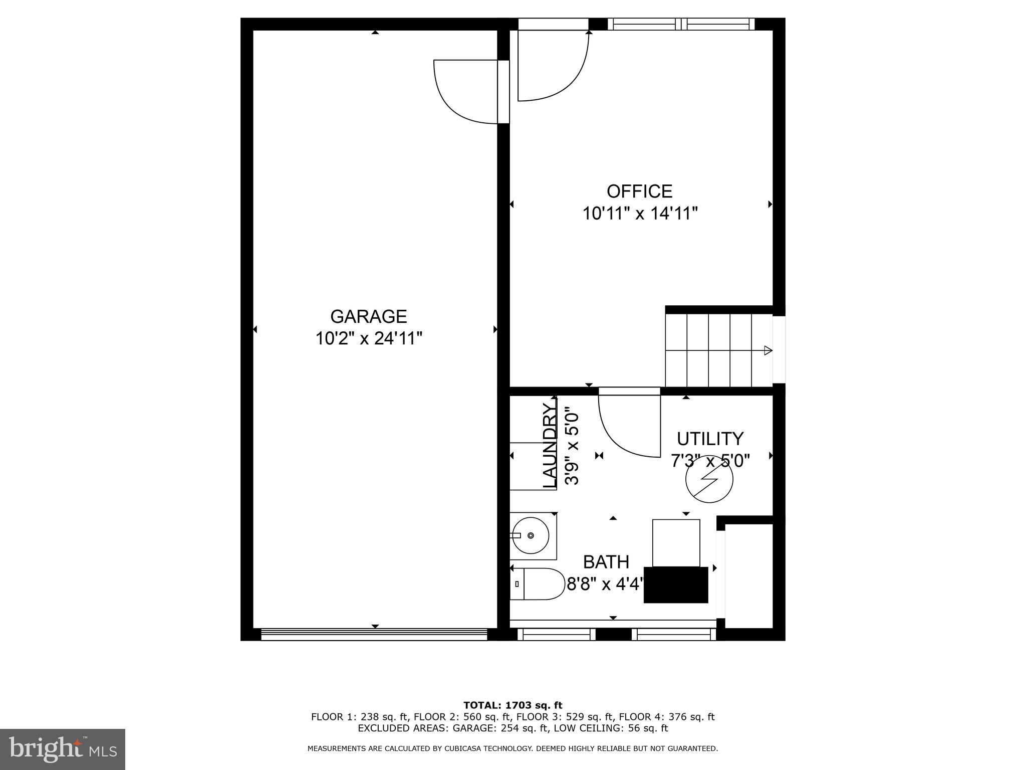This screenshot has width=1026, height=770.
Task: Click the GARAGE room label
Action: tap(368, 317)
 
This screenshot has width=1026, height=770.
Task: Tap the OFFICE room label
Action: tap(639, 191)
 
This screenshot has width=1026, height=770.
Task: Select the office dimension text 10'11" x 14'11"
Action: tap(640, 214)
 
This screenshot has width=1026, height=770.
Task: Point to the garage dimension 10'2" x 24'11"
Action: tap(368, 339)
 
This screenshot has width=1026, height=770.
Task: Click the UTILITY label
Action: tap(710, 439)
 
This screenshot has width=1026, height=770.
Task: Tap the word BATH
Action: tap(606, 562)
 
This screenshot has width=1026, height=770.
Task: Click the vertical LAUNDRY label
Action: tap(550, 446)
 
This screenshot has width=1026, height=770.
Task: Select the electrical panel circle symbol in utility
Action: tap(709, 479)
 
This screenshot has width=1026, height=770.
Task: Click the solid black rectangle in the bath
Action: tap(675, 585)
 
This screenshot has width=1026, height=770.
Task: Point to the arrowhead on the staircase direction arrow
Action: tap(767, 350)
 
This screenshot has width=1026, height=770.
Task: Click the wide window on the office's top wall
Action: tap(681, 24)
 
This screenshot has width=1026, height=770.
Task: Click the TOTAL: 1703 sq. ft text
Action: tap(512, 705)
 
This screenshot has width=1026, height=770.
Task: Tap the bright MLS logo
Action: tap(63, 749)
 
